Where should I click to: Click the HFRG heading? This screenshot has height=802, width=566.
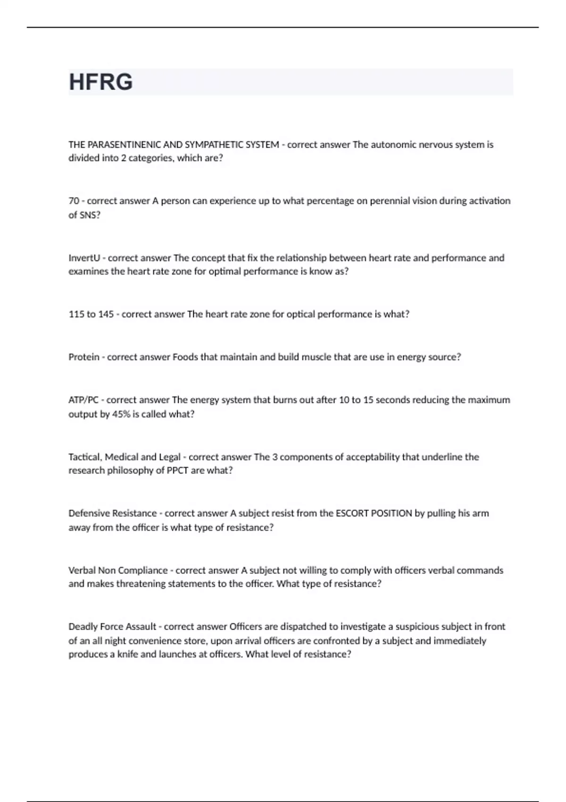(101, 82)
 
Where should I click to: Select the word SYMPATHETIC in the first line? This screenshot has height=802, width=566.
(213, 145)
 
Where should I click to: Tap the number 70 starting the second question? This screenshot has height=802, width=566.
(74, 201)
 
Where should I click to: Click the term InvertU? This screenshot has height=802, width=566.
(84, 258)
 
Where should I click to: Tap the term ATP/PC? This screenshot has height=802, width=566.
(83, 400)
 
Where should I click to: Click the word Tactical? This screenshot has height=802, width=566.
(85, 457)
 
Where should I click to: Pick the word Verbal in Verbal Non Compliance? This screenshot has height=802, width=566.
(82, 570)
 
